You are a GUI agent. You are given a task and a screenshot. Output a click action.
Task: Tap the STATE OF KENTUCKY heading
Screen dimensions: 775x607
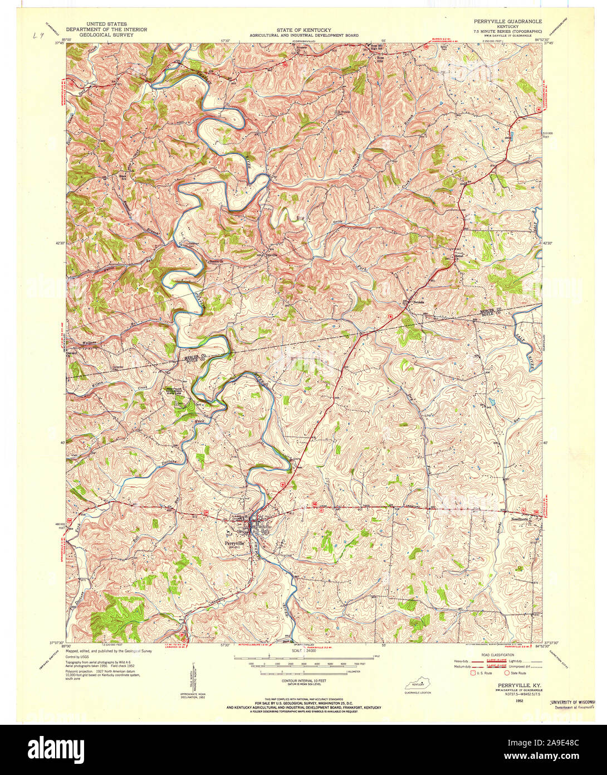[x=303, y=30]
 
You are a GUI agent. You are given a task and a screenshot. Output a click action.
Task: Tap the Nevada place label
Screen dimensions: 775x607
[x=418, y=301]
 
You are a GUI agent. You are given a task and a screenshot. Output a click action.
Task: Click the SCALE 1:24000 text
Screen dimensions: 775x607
[x=303, y=651]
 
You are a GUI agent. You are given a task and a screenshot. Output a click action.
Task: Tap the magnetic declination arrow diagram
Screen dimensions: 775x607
[x=194, y=677]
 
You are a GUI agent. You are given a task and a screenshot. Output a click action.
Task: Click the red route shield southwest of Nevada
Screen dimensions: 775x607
[x=391, y=316]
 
